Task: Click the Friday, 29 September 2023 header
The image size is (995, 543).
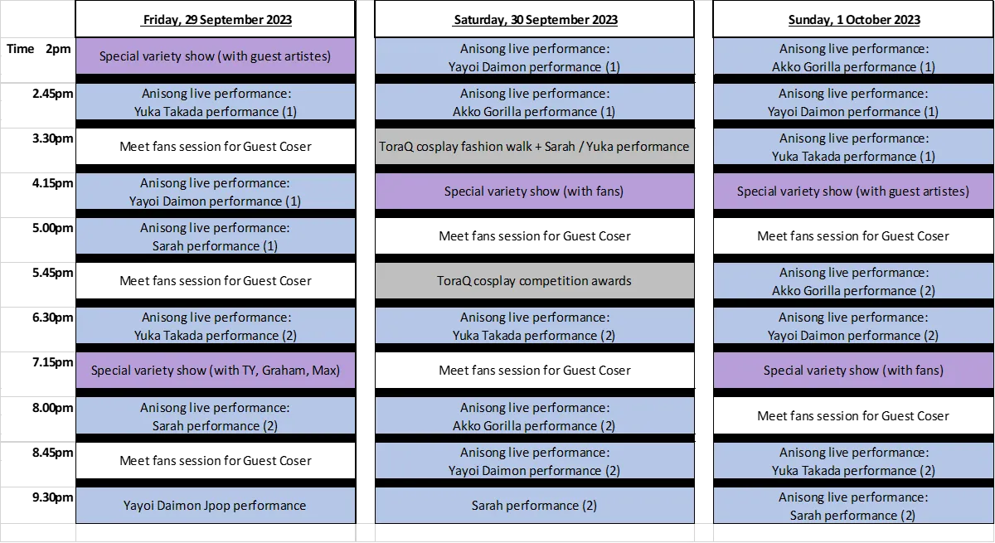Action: pos(216,20)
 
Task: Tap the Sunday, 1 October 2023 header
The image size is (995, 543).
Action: pos(853,20)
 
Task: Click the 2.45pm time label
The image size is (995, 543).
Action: pos(52,94)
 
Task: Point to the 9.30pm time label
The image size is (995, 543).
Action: pos(52,497)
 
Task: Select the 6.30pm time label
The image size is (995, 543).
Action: pos(52,318)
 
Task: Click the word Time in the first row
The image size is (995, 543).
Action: pos(21,48)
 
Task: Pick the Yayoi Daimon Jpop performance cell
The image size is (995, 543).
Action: pos(216,505)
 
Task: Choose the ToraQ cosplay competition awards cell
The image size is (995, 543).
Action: pos(534,280)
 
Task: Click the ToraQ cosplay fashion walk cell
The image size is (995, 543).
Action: pos(534,147)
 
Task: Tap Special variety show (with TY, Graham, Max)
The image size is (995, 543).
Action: pos(216,371)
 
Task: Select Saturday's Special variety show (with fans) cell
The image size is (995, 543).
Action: pos(534,192)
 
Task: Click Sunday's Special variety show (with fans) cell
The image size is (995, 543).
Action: pos(853,371)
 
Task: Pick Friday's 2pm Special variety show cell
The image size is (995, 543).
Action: pos(216,56)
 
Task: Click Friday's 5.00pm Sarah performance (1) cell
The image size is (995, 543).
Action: pos(216,236)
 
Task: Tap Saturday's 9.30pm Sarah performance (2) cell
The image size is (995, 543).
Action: pos(534,505)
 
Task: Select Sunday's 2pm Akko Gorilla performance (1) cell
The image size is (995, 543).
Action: pos(853,57)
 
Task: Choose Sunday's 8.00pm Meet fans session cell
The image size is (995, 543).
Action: pos(853,415)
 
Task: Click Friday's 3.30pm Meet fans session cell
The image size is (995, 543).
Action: pos(216,147)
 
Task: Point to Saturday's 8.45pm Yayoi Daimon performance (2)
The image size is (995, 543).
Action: pos(534,461)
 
